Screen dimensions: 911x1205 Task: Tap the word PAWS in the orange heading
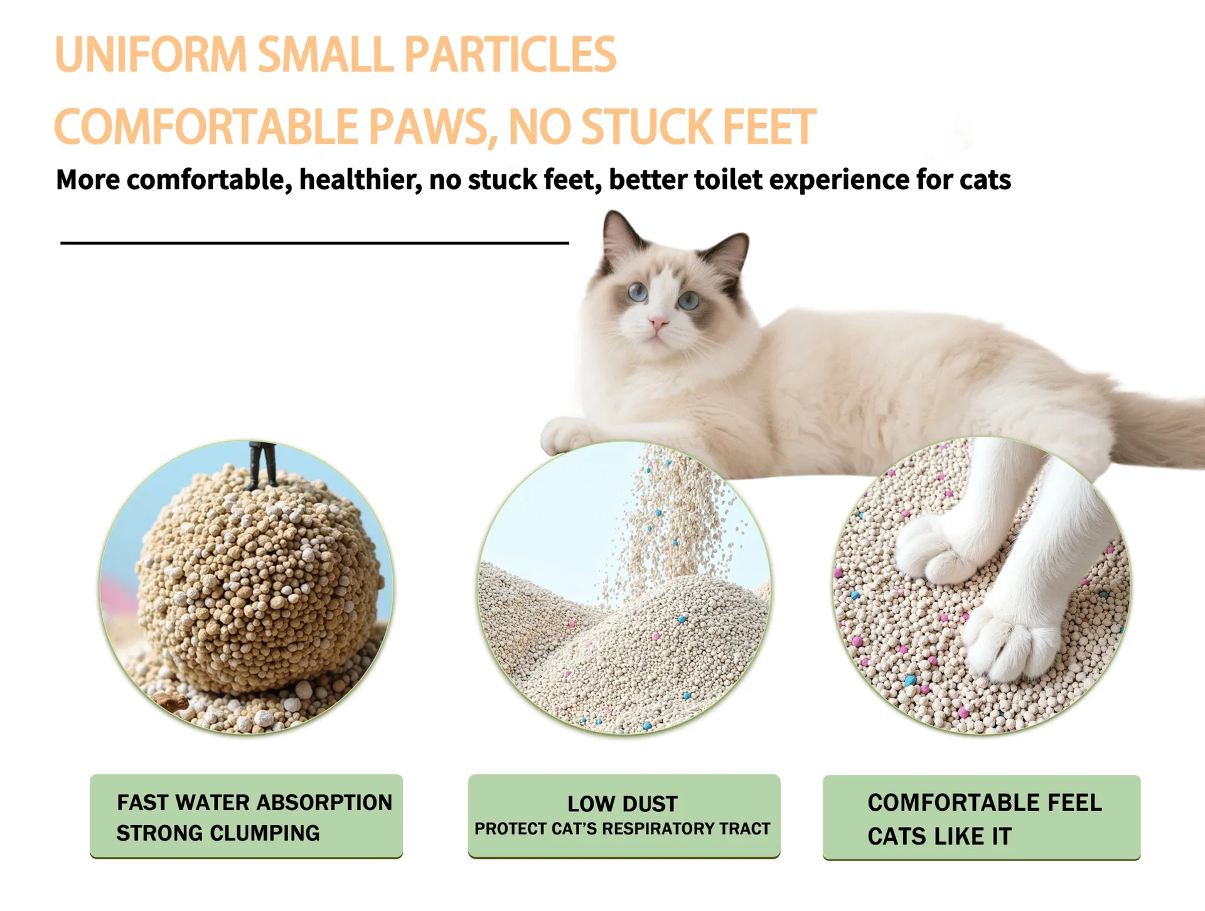coord(430,127)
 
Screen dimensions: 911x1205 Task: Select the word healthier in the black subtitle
coord(360,180)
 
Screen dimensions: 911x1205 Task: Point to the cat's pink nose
coord(658,324)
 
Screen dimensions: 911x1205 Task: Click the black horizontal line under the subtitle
coord(314,242)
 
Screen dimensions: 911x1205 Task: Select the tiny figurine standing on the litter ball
coord(263,464)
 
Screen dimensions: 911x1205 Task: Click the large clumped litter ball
coord(257,583)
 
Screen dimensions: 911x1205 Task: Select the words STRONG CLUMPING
coord(218,833)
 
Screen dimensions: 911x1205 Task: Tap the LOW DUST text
coord(623,804)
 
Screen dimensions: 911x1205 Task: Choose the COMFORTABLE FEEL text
coord(984,802)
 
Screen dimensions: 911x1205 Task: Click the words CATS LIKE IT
coord(939,836)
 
